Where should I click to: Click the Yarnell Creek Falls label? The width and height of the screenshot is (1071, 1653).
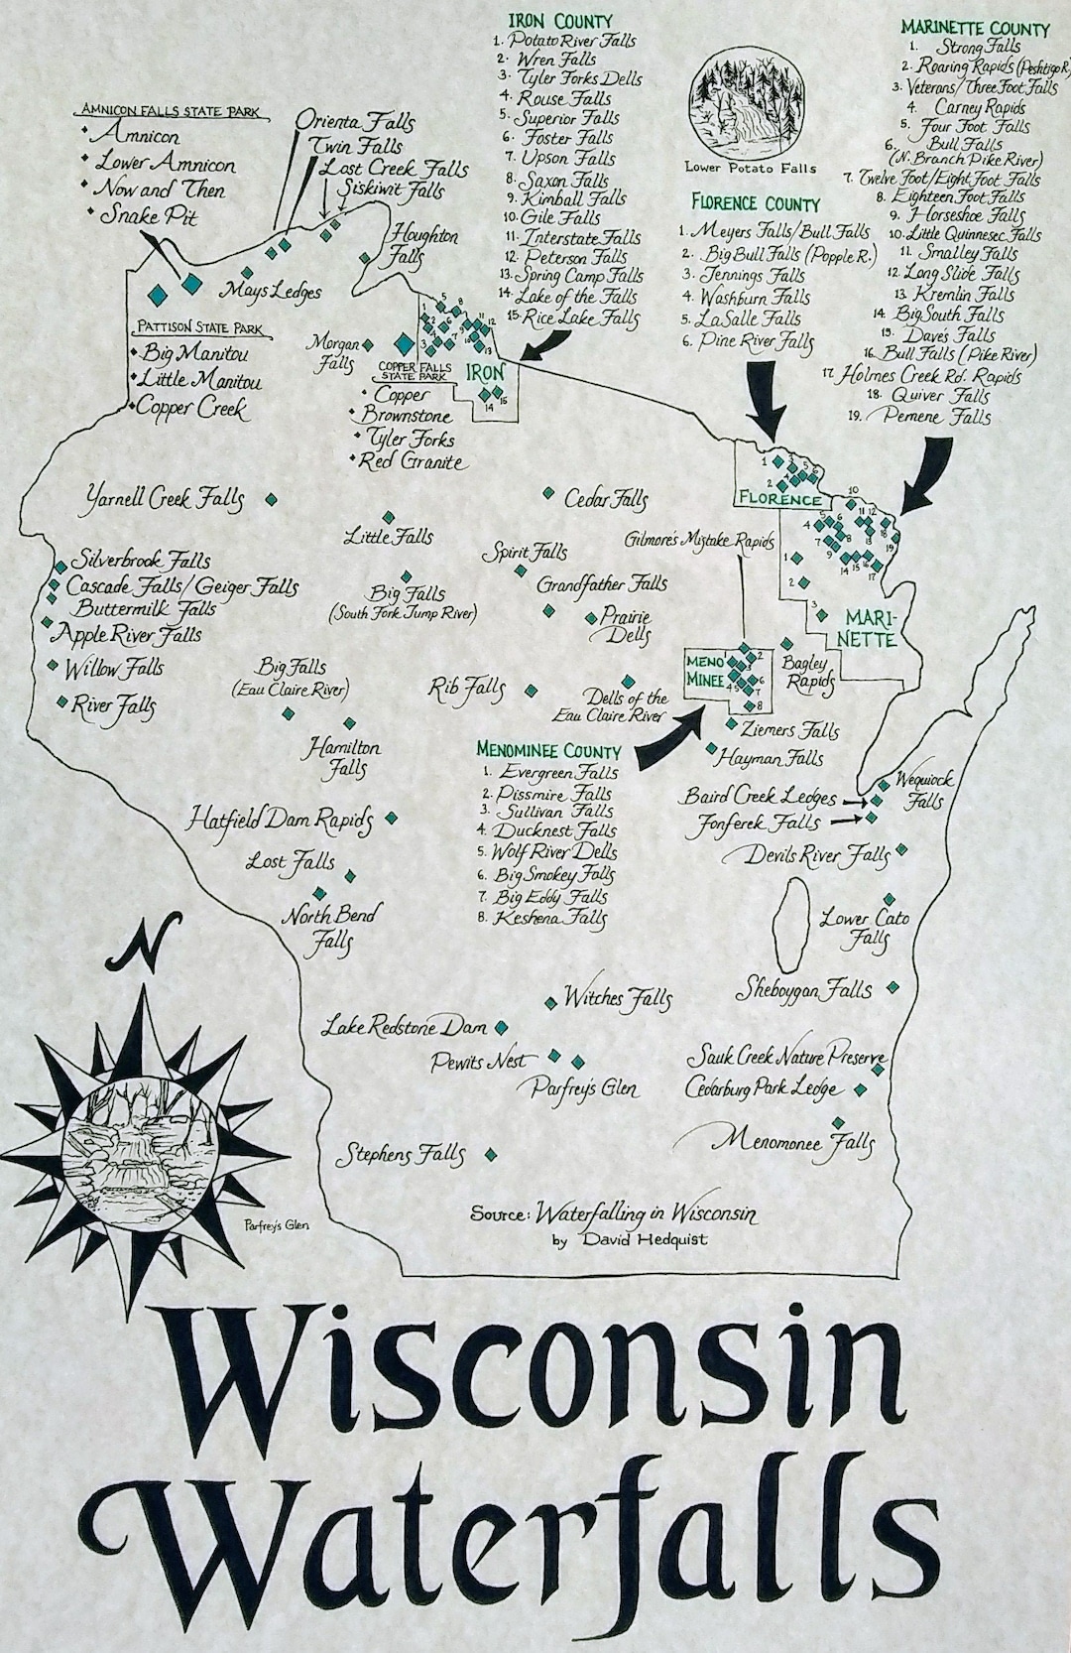(165, 497)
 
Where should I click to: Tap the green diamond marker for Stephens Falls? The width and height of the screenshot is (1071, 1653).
(492, 1155)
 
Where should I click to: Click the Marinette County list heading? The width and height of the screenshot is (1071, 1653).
(974, 28)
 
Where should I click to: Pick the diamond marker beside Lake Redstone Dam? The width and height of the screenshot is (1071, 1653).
(501, 1027)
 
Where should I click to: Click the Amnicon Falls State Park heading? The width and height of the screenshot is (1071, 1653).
(171, 111)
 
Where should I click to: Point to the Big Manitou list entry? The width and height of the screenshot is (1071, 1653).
(193, 353)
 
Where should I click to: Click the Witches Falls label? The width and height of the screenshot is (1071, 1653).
(618, 997)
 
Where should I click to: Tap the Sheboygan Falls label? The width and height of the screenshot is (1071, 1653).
(803, 989)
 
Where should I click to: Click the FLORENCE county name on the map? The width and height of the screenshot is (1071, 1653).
(778, 500)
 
